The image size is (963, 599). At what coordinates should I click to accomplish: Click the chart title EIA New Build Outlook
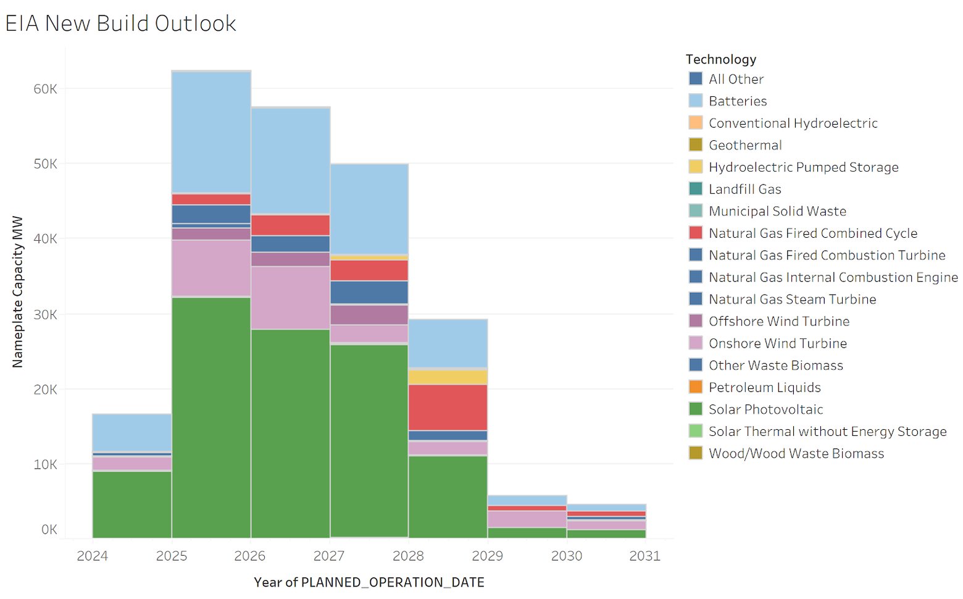pos(120,23)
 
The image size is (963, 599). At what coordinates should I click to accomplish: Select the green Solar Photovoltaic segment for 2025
pos(211,417)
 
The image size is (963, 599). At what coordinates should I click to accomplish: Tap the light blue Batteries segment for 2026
pos(290,161)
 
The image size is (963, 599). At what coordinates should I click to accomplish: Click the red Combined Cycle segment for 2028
pos(448,407)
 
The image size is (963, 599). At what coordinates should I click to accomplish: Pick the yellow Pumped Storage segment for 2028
pos(448,377)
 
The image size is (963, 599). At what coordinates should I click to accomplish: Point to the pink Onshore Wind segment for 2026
pos(290,298)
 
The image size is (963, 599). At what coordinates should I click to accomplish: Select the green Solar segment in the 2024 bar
pos(131,504)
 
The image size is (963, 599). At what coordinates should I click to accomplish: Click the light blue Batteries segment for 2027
pos(369,209)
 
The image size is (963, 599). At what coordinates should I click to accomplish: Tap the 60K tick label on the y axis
pos(45,89)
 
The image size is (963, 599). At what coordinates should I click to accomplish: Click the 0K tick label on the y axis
pos(49,529)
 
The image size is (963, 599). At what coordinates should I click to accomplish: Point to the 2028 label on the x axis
pos(408,556)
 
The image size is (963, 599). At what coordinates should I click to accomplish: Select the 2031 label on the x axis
pos(644,556)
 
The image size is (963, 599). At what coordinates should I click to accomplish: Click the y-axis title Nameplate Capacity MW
pos(17,291)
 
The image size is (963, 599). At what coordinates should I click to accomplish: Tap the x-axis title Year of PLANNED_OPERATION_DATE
pos(369,582)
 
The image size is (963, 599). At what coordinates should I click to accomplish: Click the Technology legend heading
pos(720,59)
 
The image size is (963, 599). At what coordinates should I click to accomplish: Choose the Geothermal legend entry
pos(744,145)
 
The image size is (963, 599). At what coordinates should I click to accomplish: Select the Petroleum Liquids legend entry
pos(764,387)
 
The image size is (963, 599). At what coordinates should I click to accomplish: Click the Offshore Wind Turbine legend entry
pos(778,321)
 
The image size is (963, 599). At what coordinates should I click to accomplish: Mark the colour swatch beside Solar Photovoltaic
pos(695,409)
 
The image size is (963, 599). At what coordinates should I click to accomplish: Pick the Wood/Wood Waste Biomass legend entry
pos(796,453)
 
